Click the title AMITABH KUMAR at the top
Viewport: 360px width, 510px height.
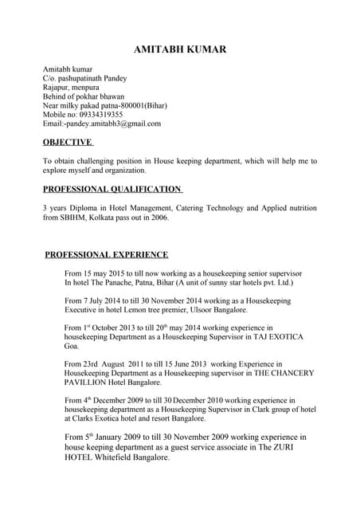180,49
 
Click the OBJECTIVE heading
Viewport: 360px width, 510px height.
68,143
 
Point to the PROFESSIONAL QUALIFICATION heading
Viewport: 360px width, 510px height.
112,189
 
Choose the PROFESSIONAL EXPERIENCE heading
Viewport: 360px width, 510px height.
106,254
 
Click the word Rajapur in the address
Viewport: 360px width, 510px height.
56,88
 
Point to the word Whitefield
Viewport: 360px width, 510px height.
118,457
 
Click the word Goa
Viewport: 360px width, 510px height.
71,347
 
